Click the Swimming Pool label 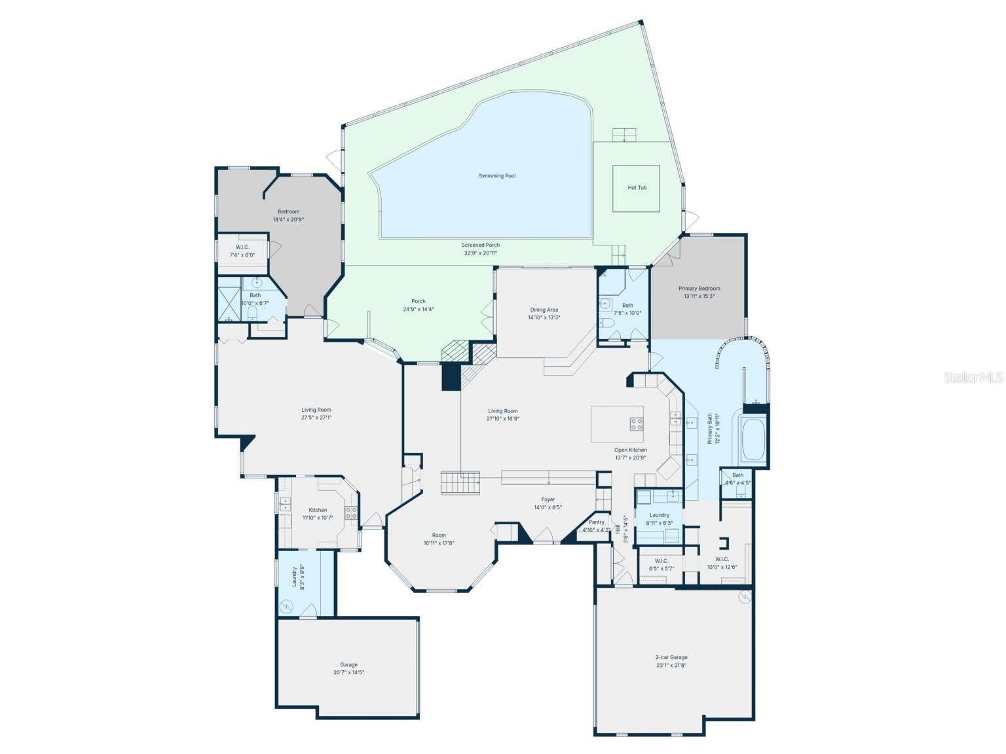coord(496,176)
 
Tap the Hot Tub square coord(636,188)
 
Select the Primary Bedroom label coord(699,289)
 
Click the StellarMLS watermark coord(973,378)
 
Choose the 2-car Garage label coord(671,657)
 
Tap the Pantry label coord(596,522)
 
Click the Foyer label coord(548,499)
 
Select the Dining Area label coord(544,310)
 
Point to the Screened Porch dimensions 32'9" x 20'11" coord(481,253)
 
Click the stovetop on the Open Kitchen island coord(636,424)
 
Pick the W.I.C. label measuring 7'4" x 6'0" coord(242,247)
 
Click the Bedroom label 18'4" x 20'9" coord(288,211)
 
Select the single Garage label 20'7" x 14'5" coord(348,665)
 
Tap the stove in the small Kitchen coord(351,513)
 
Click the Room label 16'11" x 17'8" coord(438,535)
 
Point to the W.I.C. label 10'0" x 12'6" coord(722,560)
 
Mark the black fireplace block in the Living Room coord(451,377)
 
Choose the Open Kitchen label coord(630,450)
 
